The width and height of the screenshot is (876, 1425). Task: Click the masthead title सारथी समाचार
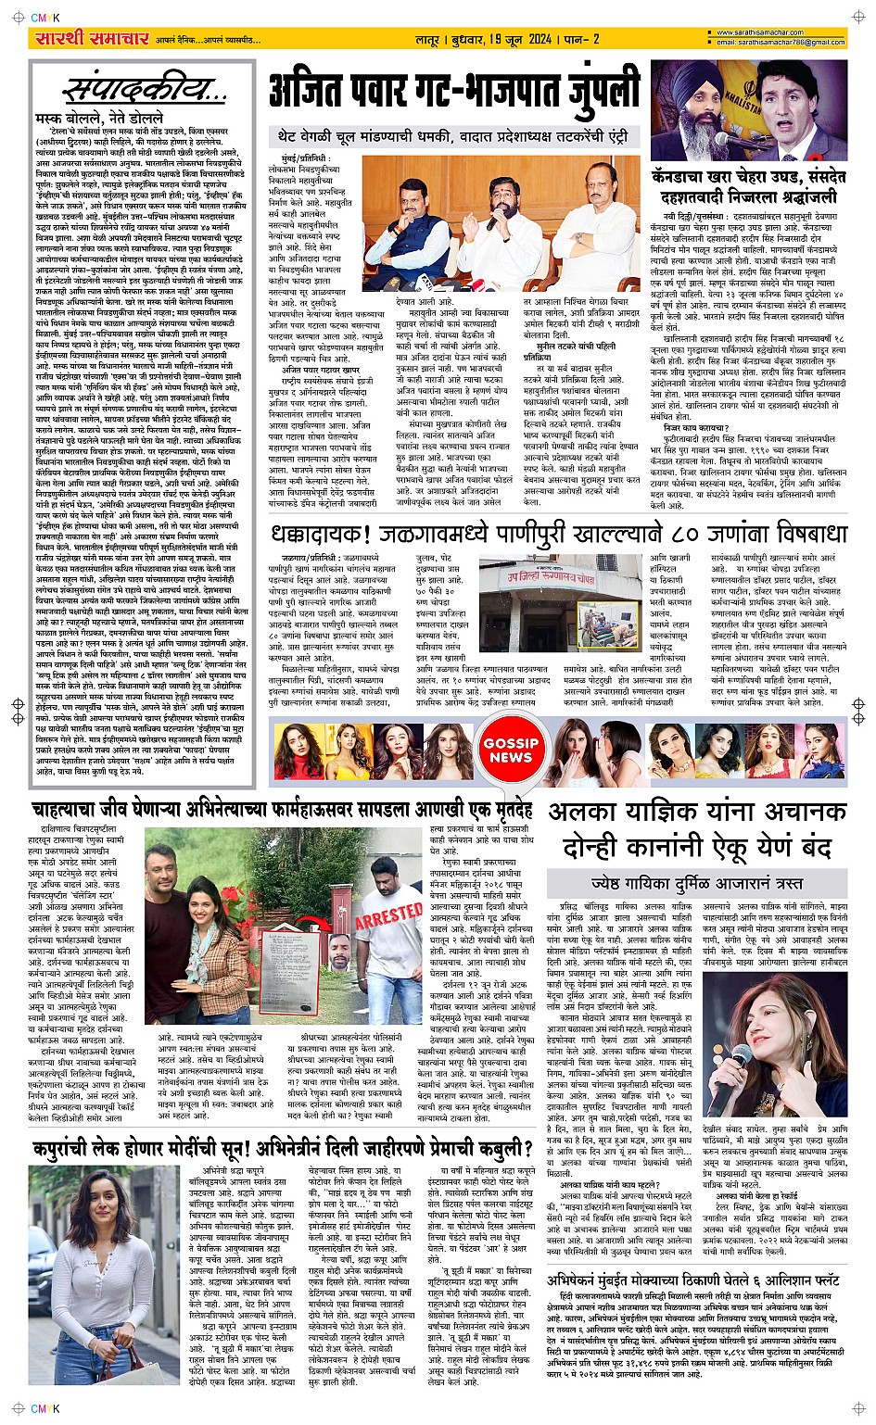[92, 38]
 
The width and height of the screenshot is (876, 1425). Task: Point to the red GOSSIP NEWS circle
[511, 750]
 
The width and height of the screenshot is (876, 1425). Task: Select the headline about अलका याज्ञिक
[697, 829]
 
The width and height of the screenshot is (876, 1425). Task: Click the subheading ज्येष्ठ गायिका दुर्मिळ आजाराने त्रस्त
[697, 883]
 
